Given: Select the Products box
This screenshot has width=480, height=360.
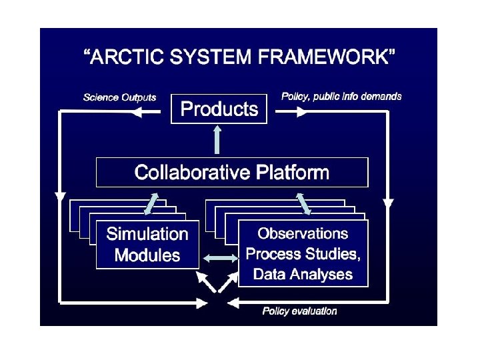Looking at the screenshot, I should pyautogui.click(x=219, y=109).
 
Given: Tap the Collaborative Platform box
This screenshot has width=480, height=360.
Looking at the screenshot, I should pyautogui.click(x=232, y=173).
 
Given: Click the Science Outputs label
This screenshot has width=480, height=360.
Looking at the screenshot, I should pyautogui.click(x=119, y=97).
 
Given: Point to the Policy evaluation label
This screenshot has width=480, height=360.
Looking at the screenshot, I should pyautogui.click(x=299, y=311).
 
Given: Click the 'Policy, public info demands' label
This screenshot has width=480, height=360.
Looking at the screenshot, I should pyautogui.click(x=341, y=97).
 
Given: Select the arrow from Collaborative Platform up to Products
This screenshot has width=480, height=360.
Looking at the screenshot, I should pyautogui.click(x=217, y=140).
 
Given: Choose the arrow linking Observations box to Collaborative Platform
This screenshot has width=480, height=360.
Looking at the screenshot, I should pyautogui.click(x=303, y=203).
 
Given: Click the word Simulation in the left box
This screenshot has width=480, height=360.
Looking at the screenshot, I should pyautogui.click(x=147, y=234).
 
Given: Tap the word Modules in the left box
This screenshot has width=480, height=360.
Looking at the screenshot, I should pyautogui.click(x=147, y=255).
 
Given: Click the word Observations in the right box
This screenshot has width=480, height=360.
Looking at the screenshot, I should pyautogui.click(x=303, y=233).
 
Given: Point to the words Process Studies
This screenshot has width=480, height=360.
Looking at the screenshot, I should pyautogui.click(x=303, y=254).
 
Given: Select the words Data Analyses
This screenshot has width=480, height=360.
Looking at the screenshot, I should pyautogui.click(x=303, y=274).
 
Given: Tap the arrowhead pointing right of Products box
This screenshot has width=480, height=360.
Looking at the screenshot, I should pyautogui.click(x=303, y=113).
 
